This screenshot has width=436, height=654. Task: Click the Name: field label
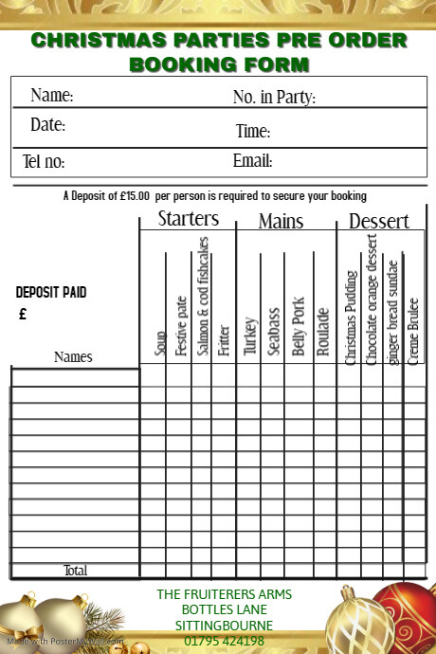point(51,95)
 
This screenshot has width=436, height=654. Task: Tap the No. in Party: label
point(274,97)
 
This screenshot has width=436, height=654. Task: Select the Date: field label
point(47,124)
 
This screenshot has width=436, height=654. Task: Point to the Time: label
point(253,131)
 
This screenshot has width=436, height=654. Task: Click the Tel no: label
point(44,162)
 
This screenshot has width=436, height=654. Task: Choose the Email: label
point(252,160)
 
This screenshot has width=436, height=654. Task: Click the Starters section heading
point(188,219)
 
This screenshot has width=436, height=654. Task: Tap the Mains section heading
point(282,222)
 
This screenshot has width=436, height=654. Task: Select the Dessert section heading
point(379,221)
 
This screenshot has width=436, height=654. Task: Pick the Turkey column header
point(250,336)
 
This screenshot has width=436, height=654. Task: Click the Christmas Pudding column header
point(350,318)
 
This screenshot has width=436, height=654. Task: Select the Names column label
point(73,357)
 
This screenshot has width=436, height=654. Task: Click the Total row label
point(75,571)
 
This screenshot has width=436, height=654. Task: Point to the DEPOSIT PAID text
point(51,293)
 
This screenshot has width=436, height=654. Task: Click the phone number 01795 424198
point(225,641)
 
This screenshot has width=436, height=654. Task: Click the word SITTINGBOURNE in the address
point(225,626)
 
